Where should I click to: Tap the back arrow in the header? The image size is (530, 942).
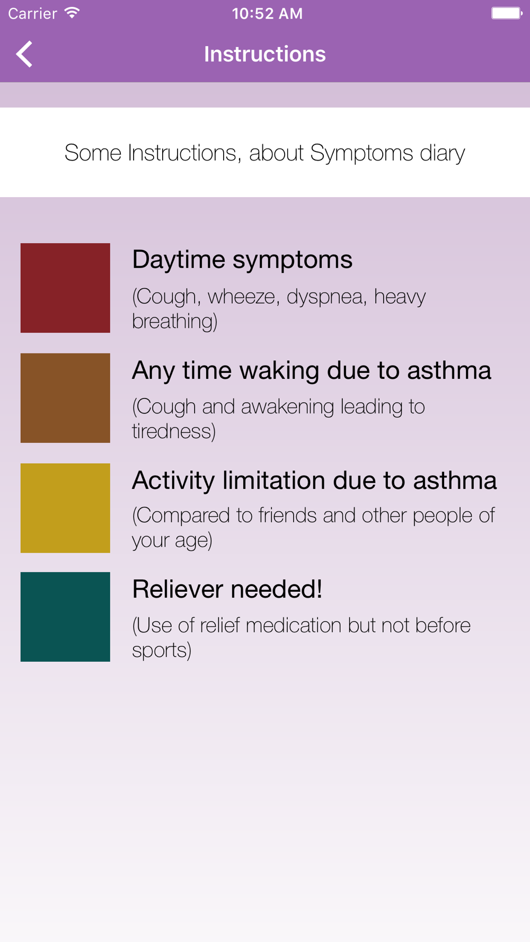coord(24,54)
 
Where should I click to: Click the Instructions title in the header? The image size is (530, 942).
coord(265,54)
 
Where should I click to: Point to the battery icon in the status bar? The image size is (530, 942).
coord(507,13)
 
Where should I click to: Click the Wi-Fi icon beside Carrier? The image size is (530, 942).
coord(72,13)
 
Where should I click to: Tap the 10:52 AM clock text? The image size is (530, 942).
coord(267,13)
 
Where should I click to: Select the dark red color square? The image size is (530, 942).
coord(65,288)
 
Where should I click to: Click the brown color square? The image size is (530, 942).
coord(65,398)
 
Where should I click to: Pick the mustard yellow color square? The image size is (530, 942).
coord(65,508)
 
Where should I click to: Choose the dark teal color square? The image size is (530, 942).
coord(65,617)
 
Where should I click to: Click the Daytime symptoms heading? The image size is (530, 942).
coord(242,260)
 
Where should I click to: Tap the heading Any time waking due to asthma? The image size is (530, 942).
coord(312,370)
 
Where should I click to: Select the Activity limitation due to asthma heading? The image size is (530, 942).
coord(314,481)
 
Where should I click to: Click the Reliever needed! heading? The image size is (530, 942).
coord(227,589)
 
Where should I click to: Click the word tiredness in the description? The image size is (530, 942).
coord(174,431)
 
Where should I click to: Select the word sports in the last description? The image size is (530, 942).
coord(162,651)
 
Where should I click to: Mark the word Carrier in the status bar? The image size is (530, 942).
coord(32,13)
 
